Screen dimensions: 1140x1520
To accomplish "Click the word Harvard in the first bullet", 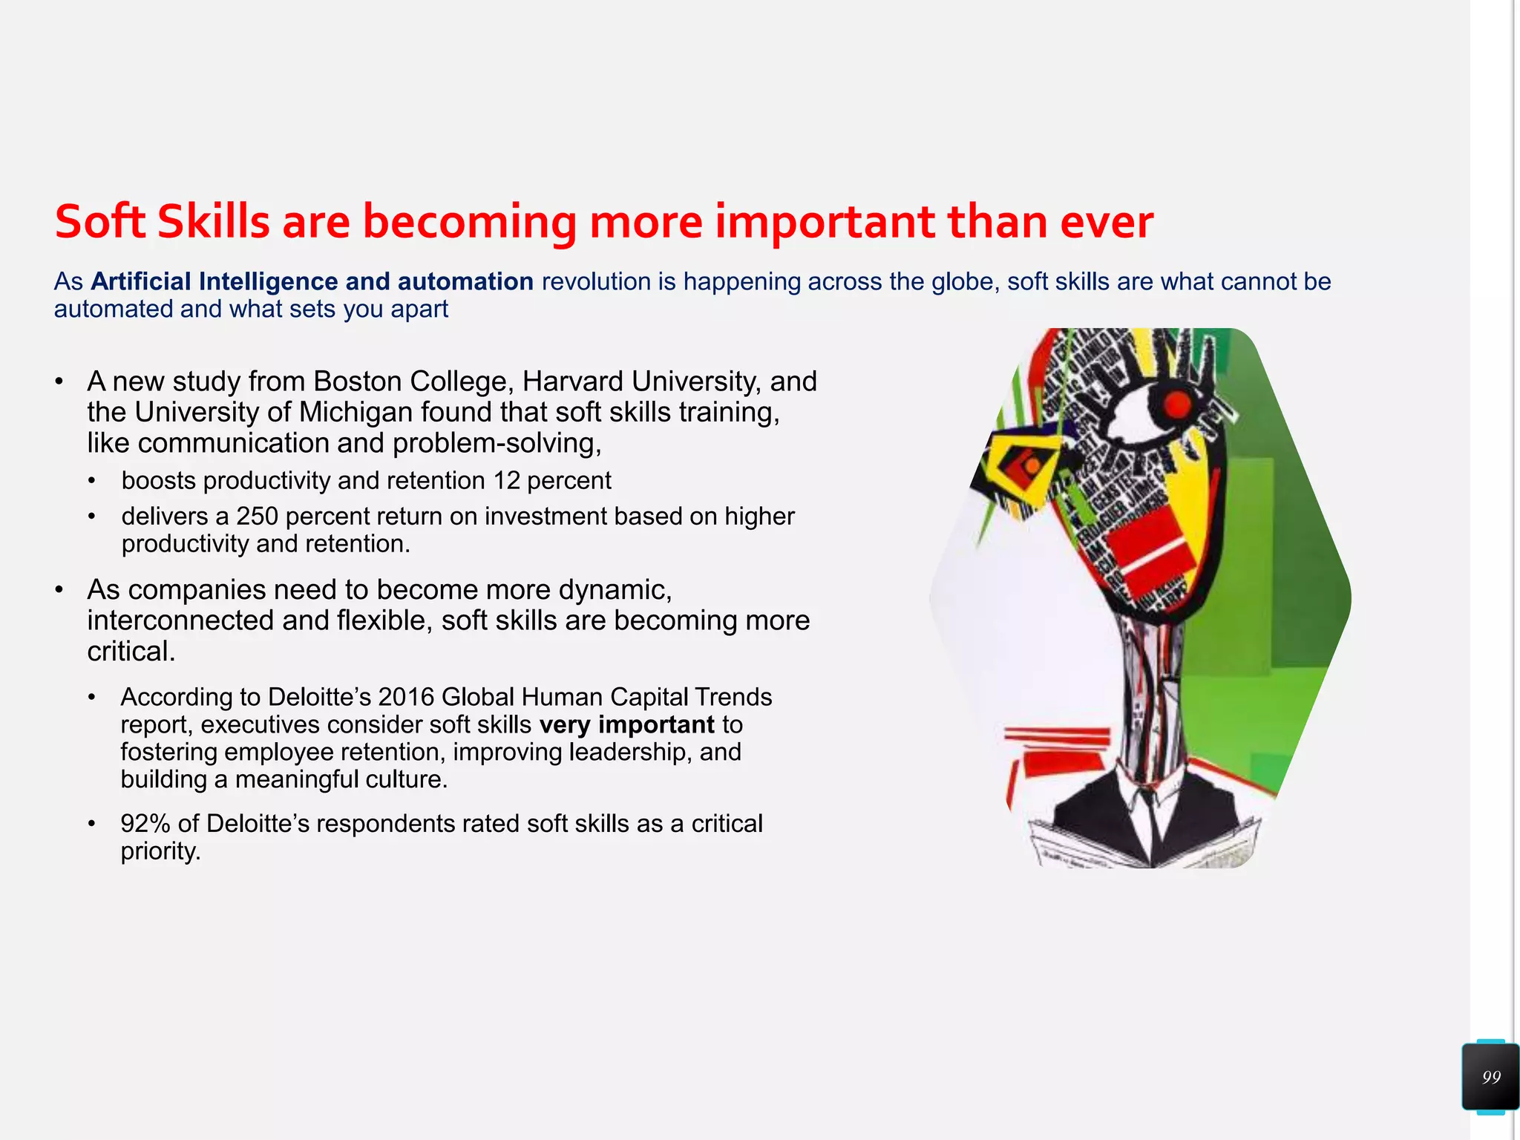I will [x=572, y=381].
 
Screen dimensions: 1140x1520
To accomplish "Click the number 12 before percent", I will [x=506, y=480].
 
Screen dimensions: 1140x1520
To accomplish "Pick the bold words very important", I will [x=626, y=724].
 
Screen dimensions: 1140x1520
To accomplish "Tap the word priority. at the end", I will [x=160, y=851].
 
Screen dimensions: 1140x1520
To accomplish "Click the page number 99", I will [x=1491, y=1077].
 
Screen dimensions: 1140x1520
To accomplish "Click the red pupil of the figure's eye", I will [x=1176, y=404].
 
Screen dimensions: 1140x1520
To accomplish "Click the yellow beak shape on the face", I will [x=1024, y=460].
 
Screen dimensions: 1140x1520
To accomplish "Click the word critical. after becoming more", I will [x=131, y=651].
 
